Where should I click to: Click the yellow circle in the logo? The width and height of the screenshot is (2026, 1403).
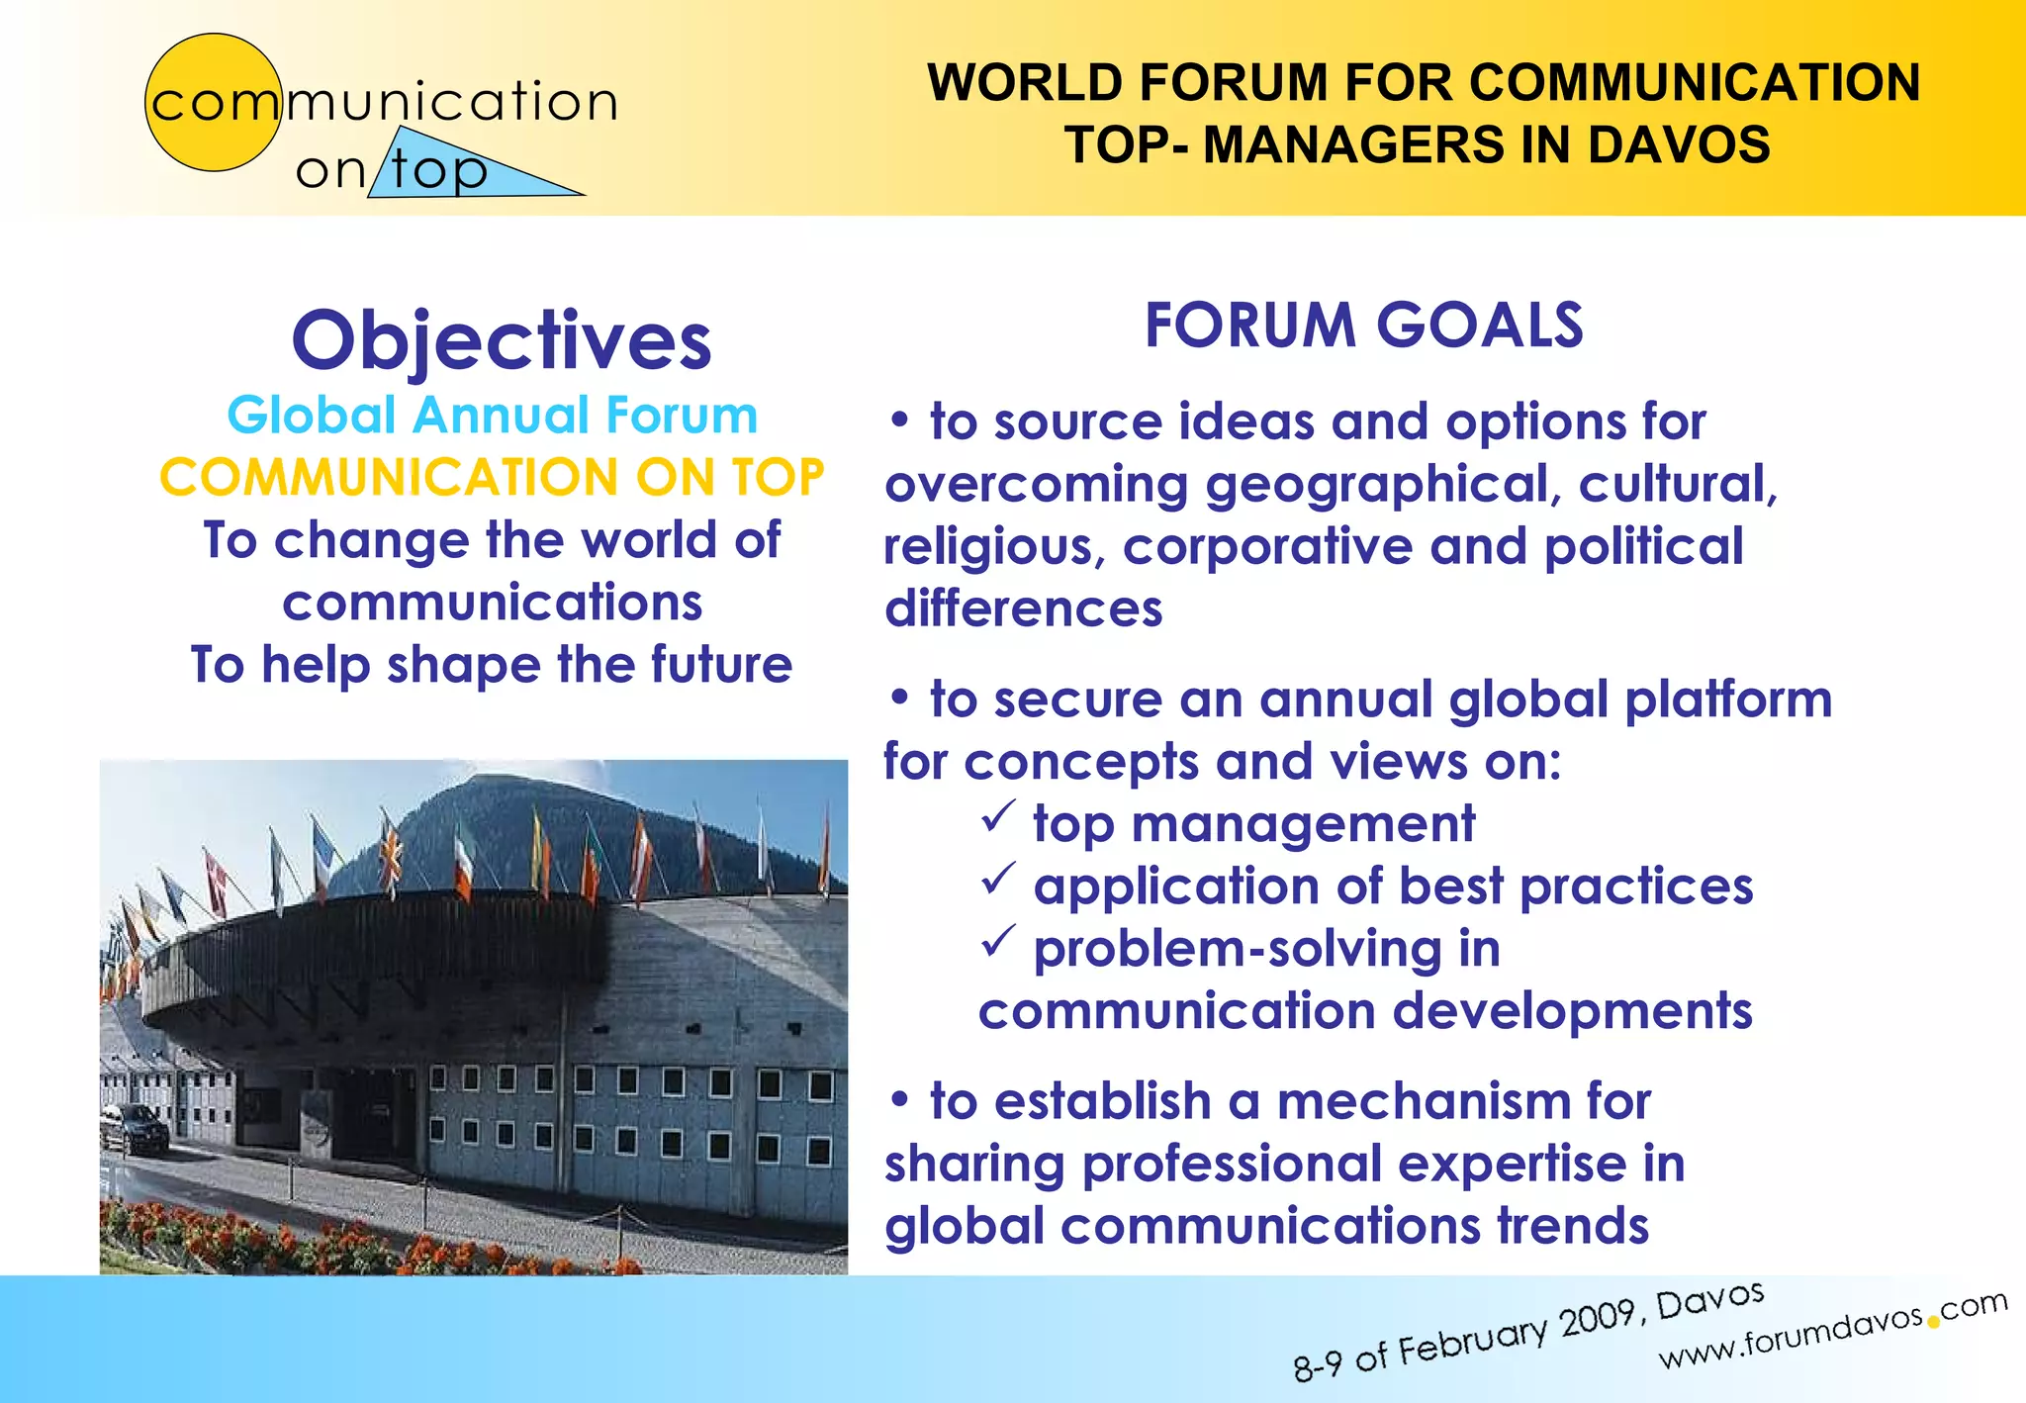(x=213, y=102)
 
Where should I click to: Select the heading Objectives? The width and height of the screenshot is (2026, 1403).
(x=502, y=340)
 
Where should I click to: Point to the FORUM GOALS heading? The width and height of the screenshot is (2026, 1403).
(x=1363, y=326)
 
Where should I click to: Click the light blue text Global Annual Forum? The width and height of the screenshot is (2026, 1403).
(x=492, y=415)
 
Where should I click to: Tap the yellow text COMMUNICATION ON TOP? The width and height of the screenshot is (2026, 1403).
(x=492, y=477)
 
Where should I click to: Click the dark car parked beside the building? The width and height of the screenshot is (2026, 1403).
(x=135, y=1127)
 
